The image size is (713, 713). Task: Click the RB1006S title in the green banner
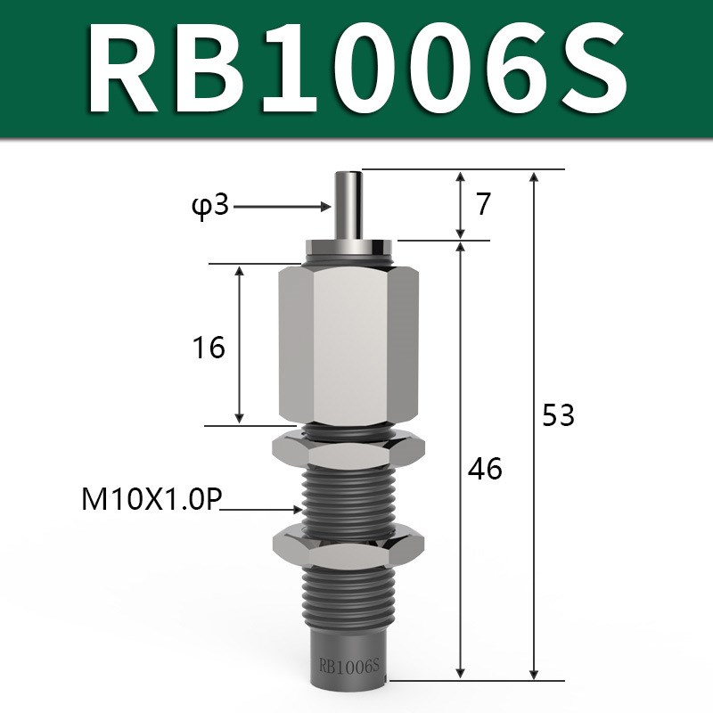356,70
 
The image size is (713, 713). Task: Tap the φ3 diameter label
211,207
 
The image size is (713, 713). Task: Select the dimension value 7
483,205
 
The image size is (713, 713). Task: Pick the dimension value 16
209,348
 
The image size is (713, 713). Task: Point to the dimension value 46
486,468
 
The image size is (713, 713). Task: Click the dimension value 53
559,415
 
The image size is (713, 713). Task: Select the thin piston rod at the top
348,201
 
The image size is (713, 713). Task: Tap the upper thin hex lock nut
348,449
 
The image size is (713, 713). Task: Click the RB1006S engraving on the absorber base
349,664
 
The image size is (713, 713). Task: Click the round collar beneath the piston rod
348,247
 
